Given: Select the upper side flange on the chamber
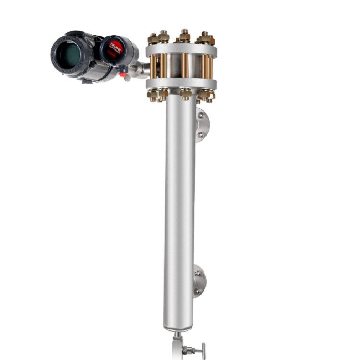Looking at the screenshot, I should [x=202, y=125].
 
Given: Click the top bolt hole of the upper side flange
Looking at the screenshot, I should [x=201, y=116].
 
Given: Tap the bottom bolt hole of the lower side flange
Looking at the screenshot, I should [x=196, y=291].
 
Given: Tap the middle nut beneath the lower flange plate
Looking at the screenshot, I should [x=185, y=94].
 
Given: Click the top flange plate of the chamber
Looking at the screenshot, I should [x=181, y=49].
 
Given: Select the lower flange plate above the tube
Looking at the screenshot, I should [x=181, y=84].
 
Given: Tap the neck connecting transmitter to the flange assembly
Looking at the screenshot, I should [x=139, y=70].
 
